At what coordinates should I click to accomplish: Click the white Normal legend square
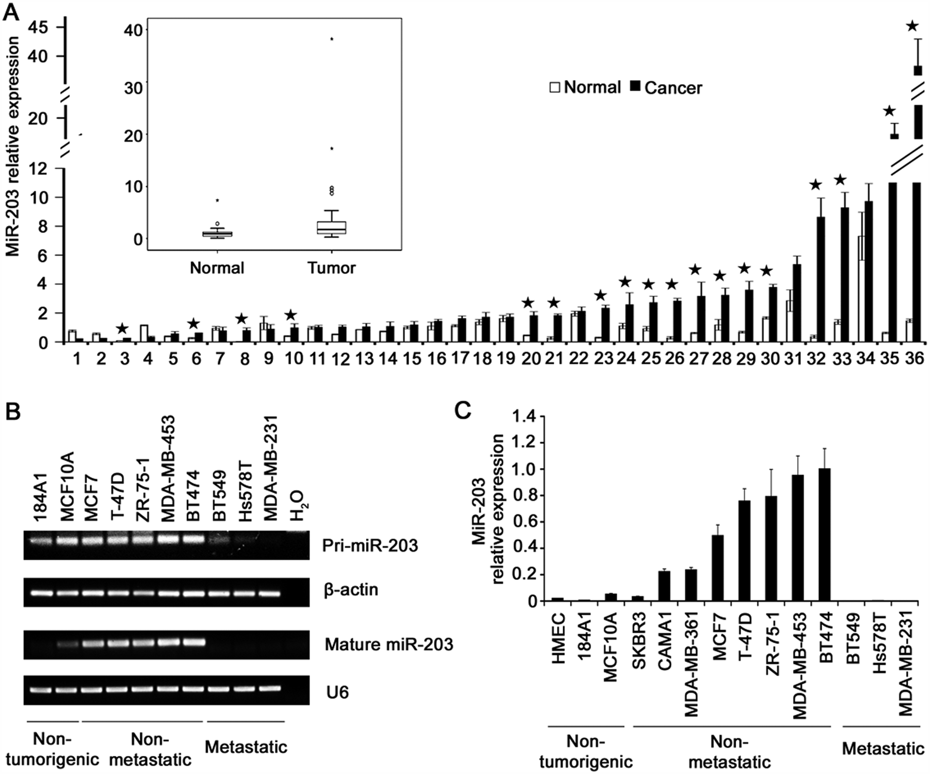(x=555, y=87)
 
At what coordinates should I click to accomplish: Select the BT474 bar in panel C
(x=824, y=534)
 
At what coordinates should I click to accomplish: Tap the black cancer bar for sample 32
(x=821, y=280)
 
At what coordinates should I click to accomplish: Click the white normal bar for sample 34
(x=861, y=289)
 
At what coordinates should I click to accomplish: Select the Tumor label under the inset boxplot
(x=331, y=268)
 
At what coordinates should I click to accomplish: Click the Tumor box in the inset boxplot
(x=332, y=227)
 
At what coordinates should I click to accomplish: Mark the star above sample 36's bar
(x=913, y=26)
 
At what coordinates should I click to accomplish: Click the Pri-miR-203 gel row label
(x=371, y=545)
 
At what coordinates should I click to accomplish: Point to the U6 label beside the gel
(x=337, y=693)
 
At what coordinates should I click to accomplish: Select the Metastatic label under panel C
(x=883, y=748)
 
